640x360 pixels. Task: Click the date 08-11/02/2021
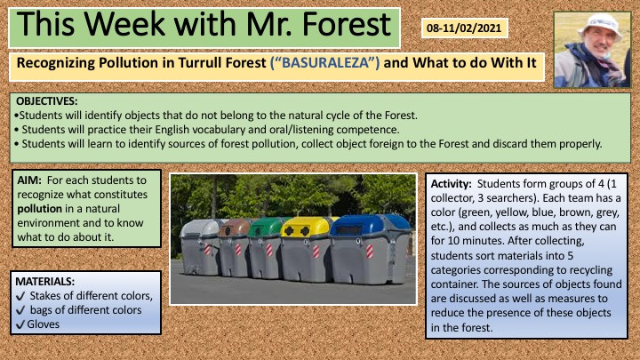point(464,28)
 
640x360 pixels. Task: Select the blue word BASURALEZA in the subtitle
point(325,63)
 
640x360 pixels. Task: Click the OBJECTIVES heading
point(46,100)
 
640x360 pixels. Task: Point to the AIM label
point(29,180)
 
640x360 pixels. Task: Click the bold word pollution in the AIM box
point(40,209)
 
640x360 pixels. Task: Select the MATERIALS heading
point(45,281)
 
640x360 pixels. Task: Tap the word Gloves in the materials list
point(44,324)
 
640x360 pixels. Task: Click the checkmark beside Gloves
point(20,325)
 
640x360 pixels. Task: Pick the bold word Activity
point(451,184)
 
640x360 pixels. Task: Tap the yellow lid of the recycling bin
point(305,227)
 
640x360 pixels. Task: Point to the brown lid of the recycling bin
point(235,228)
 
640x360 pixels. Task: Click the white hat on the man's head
point(600,25)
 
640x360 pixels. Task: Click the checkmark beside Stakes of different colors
point(20,296)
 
